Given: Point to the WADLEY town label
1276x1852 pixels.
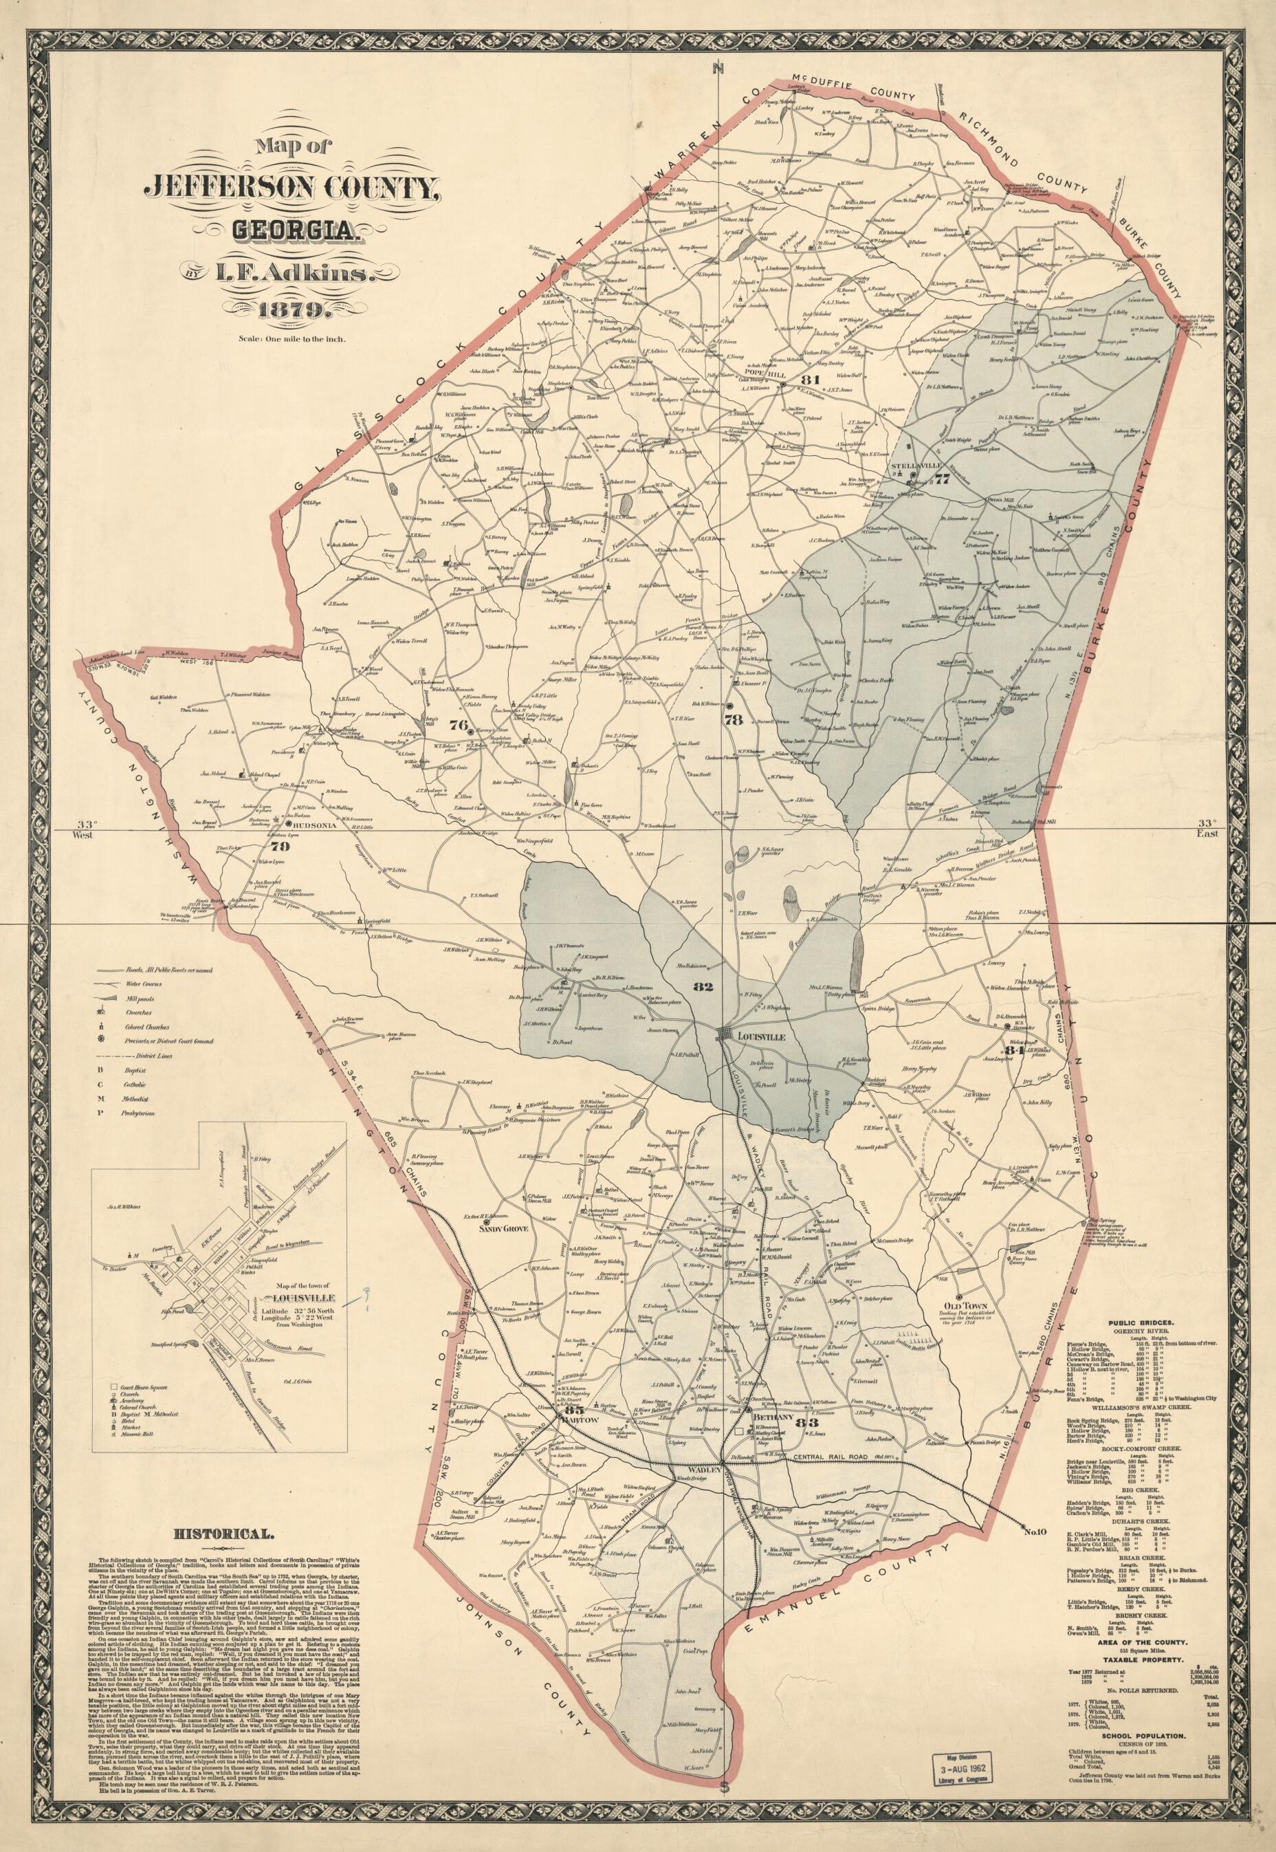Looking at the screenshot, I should click(x=693, y=1425).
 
